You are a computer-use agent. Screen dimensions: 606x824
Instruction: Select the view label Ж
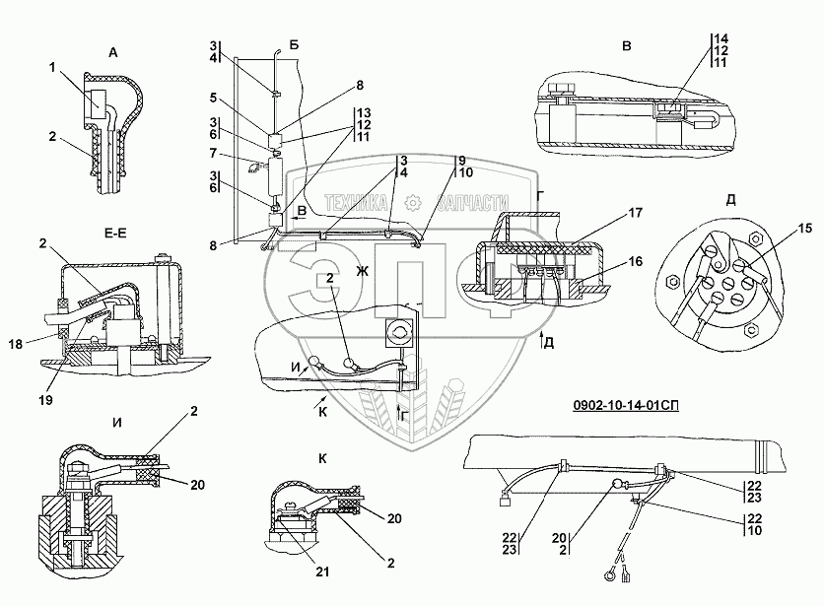pos(362,270)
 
